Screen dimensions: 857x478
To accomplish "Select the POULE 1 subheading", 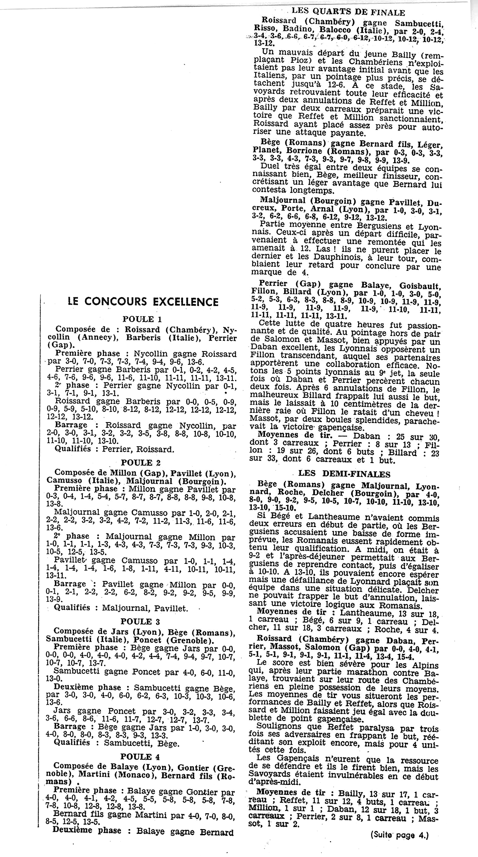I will [x=142, y=319].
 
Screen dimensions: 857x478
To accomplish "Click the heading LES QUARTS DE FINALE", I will [x=348, y=12].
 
